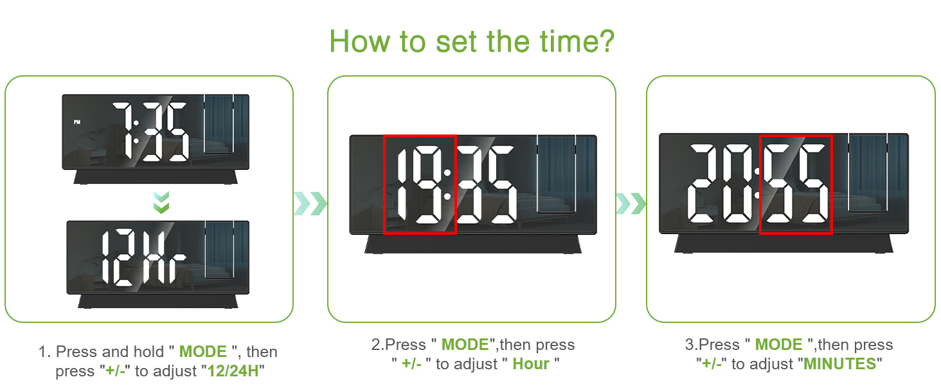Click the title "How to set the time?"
pyautogui.click(x=471, y=41)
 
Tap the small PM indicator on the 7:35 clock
pyautogui.click(x=78, y=122)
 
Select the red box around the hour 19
pyautogui.click(x=420, y=185)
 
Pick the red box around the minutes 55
pyautogui.click(x=796, y=185)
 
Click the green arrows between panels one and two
pyautogui.click(x=310, y=203)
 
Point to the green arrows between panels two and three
pyautogui.click(x=631, y=203)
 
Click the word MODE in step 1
pyautogui.click(x=202, y=352)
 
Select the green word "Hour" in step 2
pyautogui.click(x=530, y=364)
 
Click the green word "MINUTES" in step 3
pyautogui.click(x=840, y=364)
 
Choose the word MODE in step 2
pyautogui.click(x=465, y=345)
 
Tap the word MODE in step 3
pyautogui.click(x=778, y=345)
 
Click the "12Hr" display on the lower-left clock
pyautogui.click(x=143, y=257)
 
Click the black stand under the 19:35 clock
pyautogui.click(x=472, y=244)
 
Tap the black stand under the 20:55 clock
pyautogui.click(x=784, y=243)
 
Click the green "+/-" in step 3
pyautogui.click(x=712, y=364)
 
